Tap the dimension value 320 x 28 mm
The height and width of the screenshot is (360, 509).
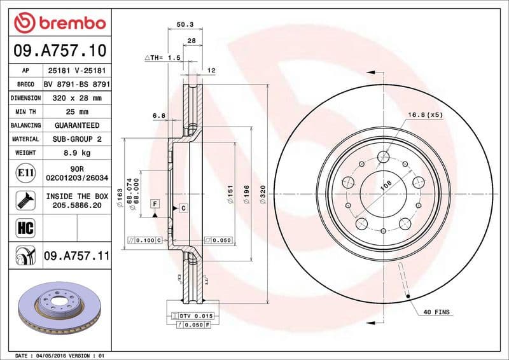coord(77,98)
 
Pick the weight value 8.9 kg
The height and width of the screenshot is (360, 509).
coord(77,153)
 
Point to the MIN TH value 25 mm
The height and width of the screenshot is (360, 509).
coord(77,112)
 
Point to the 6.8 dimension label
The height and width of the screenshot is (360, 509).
coord(159,116)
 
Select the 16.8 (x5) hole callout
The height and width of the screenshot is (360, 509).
coord(425,115)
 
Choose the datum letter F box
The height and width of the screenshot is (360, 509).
coord(154,203)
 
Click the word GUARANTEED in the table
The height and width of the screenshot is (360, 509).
coord(77,125)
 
